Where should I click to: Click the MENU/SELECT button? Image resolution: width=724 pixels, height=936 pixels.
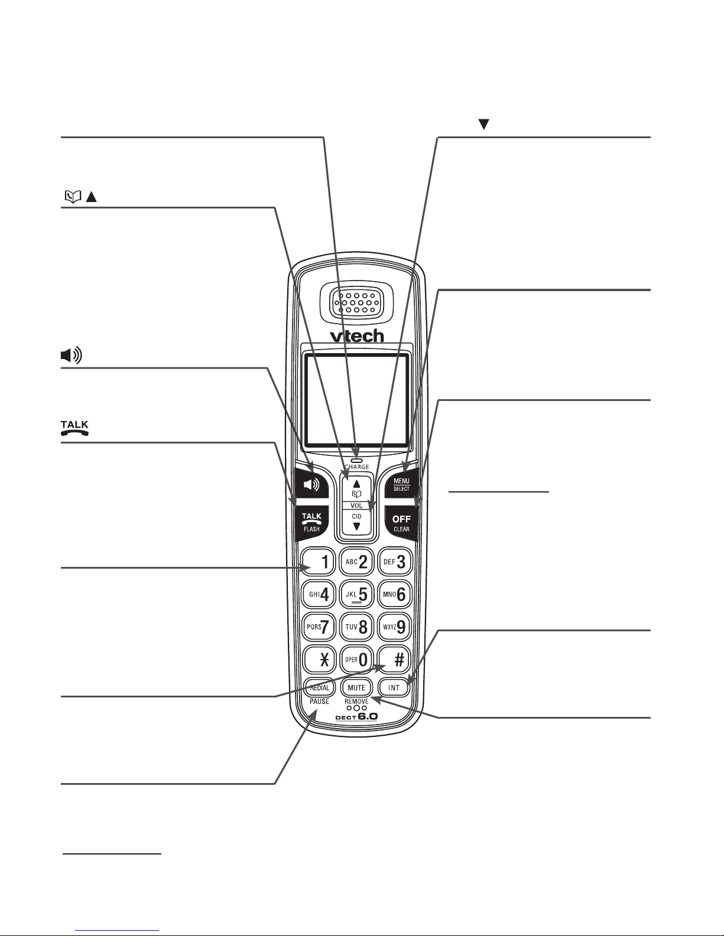point(401,483)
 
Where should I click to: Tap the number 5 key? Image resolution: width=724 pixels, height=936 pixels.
point(356,594)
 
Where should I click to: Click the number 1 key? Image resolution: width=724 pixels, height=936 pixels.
point(319,561)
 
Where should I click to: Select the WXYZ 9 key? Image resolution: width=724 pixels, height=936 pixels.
point(394,627)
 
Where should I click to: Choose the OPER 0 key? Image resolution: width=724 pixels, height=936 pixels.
point(356,660)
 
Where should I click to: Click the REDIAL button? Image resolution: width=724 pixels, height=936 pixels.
point(319,688)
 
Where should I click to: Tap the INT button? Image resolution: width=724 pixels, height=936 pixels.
point(394,688)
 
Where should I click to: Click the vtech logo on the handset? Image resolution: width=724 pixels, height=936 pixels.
point(357,336)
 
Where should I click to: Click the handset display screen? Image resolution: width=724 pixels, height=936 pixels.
point(356,400)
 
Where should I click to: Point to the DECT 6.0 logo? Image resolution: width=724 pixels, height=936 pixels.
point(356,717)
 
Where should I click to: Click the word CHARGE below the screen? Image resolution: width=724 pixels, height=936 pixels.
point(357,467)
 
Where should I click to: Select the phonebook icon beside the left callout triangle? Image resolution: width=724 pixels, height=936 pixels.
point(73,197)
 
